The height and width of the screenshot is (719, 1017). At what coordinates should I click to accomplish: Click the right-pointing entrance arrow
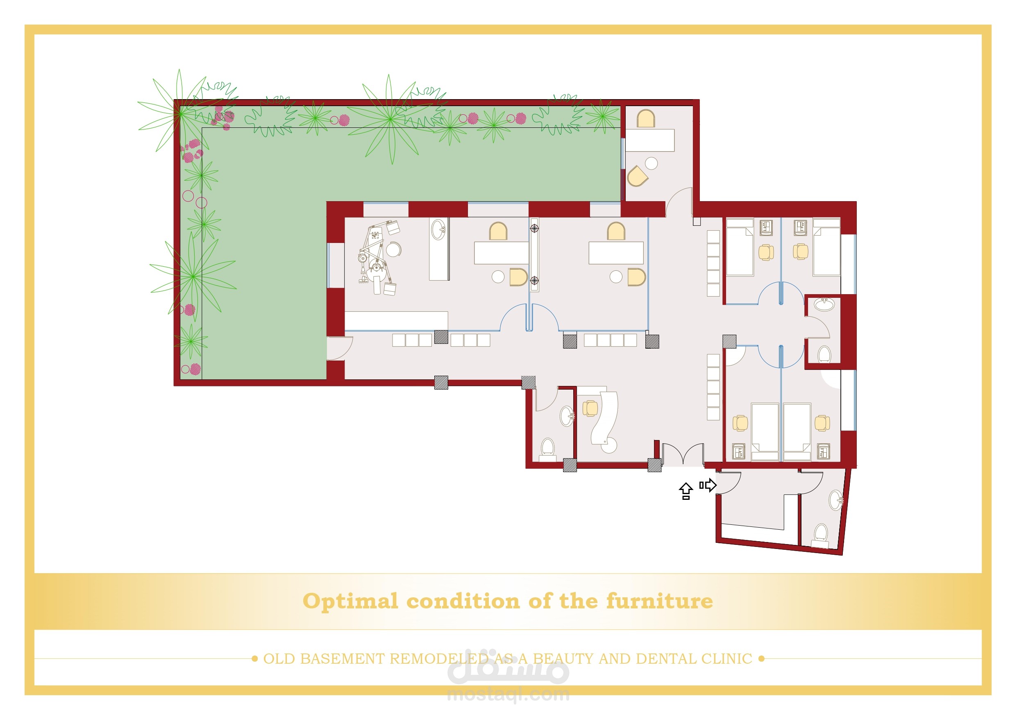(x=708, y=485)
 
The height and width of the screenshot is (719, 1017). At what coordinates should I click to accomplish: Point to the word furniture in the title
(x=660, y=601)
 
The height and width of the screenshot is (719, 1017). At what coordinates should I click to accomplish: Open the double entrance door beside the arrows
(x=683, y=454)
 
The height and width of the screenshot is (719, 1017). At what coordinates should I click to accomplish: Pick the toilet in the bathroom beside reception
(x=548, y=448)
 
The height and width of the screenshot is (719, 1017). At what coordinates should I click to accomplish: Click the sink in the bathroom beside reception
(x=568, y=416)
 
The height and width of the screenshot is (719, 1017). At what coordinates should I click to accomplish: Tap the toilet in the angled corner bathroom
(x=820, y=535)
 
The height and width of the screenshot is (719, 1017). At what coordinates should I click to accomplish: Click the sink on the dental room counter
(x=438, y=229)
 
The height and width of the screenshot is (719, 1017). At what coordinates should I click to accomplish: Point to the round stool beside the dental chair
(x=393, y=249)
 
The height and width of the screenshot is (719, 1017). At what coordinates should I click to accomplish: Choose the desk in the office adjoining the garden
(x=650, y=141)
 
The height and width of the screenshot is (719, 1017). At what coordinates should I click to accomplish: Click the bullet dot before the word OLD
(x=254, y=659)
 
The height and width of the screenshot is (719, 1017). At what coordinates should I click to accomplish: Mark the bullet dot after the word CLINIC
(x=761, y=659)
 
